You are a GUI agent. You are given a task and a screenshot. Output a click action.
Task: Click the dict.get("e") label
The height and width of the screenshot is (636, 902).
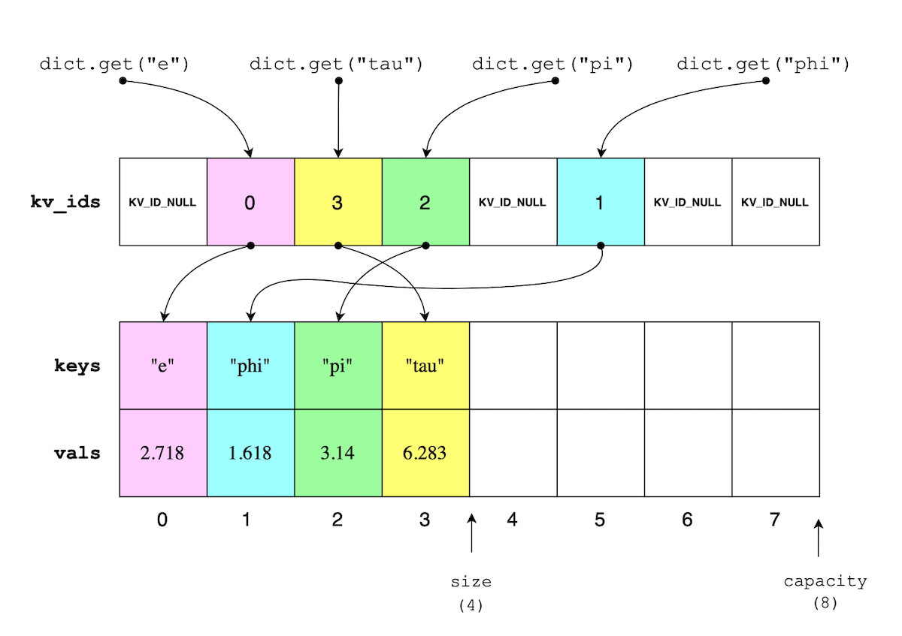pos(114,65)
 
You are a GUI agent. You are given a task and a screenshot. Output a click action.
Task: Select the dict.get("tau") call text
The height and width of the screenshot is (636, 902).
pos(337,65)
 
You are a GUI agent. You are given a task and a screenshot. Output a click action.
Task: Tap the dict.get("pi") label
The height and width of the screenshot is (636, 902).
pos(553,65)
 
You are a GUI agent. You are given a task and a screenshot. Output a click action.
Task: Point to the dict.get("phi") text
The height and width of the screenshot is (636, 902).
pos(763,65)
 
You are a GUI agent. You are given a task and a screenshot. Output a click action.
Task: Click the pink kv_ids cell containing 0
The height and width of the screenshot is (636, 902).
pos(250,202)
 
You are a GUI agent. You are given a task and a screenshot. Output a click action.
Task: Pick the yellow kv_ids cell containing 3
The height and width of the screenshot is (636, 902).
pos(337,202)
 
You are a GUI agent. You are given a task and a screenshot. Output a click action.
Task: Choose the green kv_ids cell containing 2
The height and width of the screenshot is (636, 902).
pos(425,202)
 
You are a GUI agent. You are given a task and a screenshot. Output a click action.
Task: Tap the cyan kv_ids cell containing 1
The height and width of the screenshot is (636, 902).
pos(600,202)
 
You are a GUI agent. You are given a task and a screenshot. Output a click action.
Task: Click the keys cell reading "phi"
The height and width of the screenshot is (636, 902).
pos(250,366)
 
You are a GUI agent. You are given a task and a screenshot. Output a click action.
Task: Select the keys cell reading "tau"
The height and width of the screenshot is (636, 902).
pos(425,366)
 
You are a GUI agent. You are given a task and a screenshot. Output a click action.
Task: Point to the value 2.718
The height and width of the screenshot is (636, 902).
pos(163,454)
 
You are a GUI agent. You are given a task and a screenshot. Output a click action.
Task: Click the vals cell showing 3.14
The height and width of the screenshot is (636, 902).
pos(337,454)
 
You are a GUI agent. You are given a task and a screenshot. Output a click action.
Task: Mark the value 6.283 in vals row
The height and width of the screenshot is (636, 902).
pos(425,454)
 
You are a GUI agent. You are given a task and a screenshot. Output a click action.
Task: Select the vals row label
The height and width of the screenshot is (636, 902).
pos(77,454)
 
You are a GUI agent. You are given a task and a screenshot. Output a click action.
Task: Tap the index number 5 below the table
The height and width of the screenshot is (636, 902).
pos(600,520)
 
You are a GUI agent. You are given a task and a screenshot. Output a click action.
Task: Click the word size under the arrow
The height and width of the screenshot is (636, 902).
pos(471,582)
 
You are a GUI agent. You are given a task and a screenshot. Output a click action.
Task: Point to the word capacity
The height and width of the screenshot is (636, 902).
pos(825,581)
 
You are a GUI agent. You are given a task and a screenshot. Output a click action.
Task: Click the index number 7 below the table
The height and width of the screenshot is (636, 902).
pos(775,520)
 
